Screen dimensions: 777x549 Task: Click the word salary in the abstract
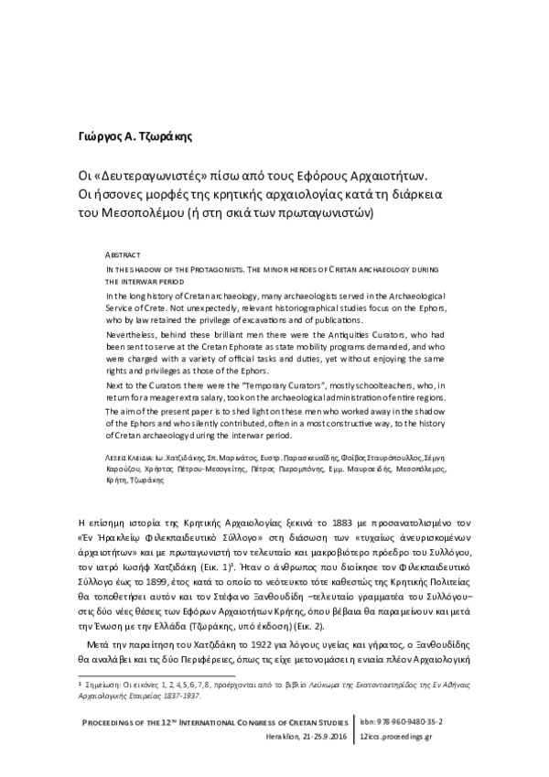(x=231, y=400)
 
